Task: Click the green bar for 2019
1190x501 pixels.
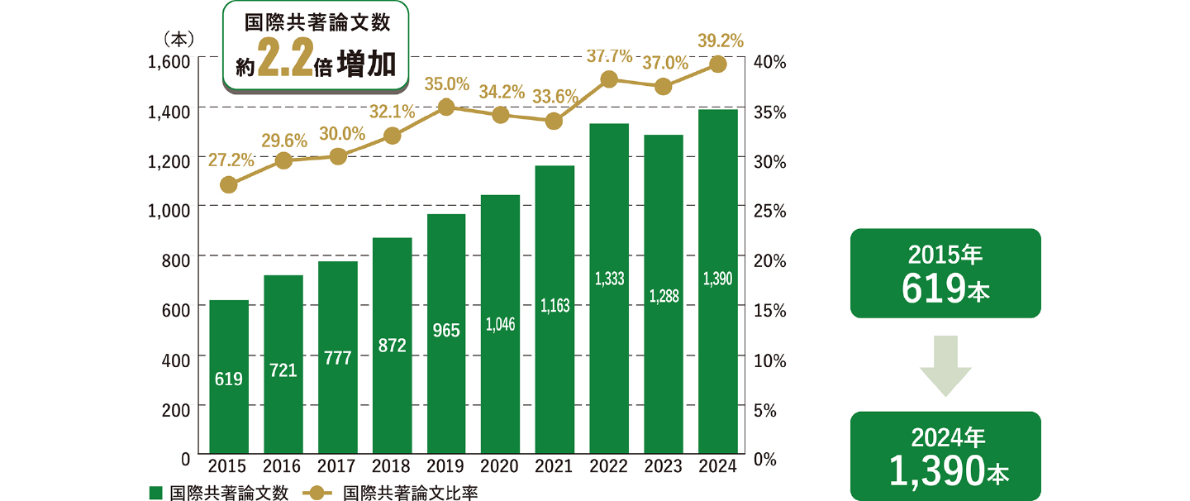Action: click(x=446, y=335)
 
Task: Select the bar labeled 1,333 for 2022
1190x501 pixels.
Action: click(x=609, y=289)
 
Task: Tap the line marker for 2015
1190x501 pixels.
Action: click(x=229, y=184)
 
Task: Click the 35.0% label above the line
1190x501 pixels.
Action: click(x=446, y=83)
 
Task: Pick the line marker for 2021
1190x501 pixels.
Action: click(x=555, y=121)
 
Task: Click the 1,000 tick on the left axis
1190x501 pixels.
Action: click(x=169, y=208)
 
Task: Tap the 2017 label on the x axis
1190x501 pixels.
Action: click(x=337, y=466)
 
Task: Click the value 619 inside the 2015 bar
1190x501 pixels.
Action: click(x=229, y=379)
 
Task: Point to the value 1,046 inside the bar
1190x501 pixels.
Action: click(x=500, y=324)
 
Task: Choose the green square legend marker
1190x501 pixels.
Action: click(x=155, y=493)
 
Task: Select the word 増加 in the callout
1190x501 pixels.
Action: click(x=366, y=64)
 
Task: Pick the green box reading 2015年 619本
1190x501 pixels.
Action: click(x=945, y=273)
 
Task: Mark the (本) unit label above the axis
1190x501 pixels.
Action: click(x=178, y=38)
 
